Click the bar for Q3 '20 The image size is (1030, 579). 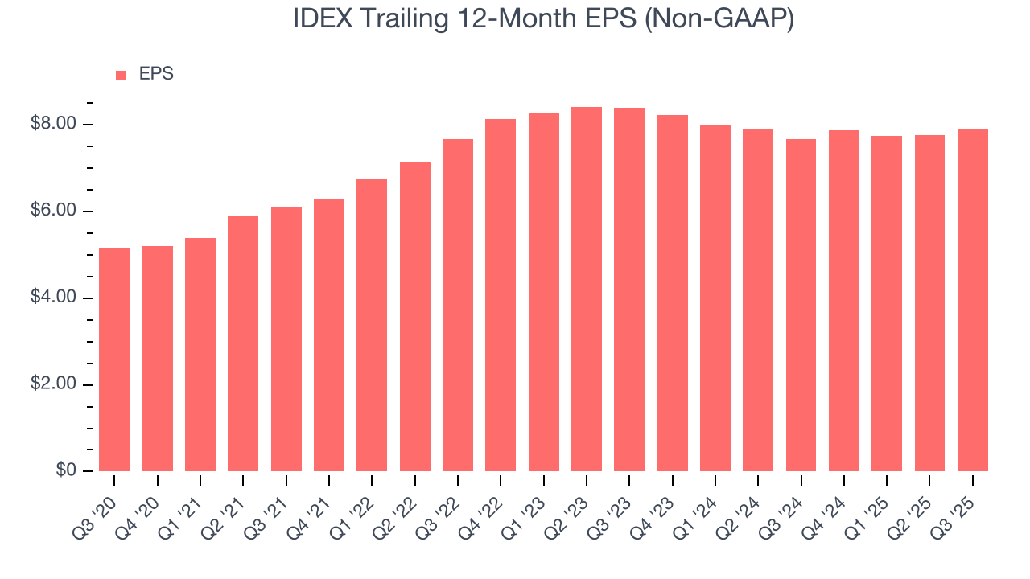coord(114,359)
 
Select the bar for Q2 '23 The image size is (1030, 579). coord(587,289)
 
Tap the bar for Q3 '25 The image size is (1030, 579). coord(972,300)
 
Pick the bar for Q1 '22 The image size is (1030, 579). coord(372,325)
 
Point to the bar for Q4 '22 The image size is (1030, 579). coord(501,295)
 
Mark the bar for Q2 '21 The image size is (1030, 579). coord(243,343)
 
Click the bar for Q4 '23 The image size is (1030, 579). coord(672,293)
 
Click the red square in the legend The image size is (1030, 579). coord(121,75)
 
